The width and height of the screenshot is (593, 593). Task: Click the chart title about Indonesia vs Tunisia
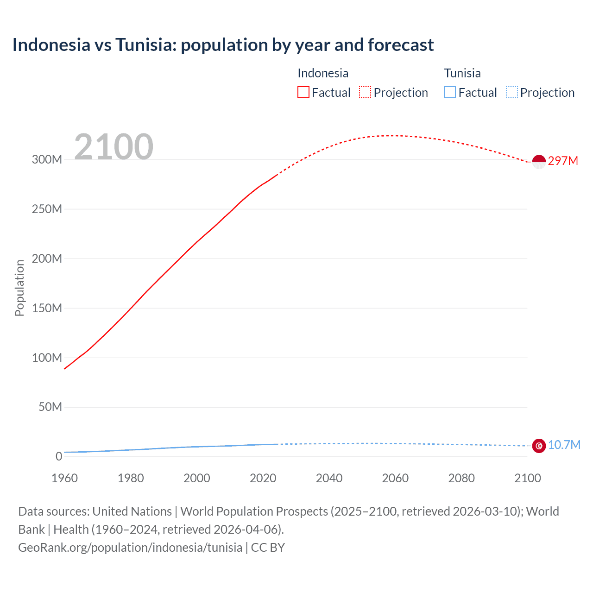point(223,45)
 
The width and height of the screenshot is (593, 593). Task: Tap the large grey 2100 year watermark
point(114,147)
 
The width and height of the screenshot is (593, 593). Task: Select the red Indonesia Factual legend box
point(303,93)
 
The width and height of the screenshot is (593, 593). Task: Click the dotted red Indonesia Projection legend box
point(365,93)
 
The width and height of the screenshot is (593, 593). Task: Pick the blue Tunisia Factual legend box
point(450,93)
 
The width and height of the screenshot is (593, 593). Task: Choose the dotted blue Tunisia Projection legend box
point(512,93)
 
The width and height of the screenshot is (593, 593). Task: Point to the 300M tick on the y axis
point(47,160)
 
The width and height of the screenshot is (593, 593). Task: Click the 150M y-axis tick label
point(47,309)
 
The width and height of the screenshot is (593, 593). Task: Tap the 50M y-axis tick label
point(50,407)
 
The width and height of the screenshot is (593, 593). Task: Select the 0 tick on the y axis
point(59,457)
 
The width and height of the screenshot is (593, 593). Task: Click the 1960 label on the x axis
point(64,479)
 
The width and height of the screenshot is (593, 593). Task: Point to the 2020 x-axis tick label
point(263,479)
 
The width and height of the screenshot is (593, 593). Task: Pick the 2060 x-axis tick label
point(395,479)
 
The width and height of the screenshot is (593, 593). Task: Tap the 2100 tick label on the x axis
point(527,479)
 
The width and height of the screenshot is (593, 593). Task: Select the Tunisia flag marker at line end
point(539,446)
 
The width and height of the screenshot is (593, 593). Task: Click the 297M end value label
point(563,161)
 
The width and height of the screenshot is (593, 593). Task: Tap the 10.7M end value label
point(564,445)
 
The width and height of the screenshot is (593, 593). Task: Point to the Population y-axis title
point(19,288)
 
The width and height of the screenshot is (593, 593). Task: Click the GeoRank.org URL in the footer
point(130,548)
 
